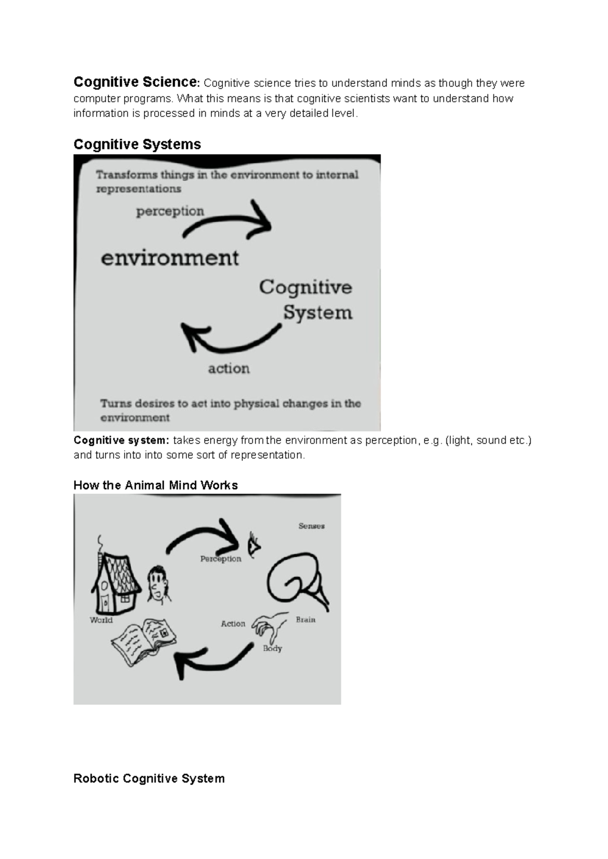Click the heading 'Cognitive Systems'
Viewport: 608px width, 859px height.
pos(137,144)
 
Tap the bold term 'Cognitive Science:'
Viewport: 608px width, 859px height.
pos(137,82)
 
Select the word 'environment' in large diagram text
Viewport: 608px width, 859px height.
pos(170,258)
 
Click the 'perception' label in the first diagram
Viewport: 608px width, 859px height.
pos(170,211)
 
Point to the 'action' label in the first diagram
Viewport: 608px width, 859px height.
pos(229,368)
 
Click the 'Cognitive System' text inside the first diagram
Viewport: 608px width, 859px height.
pos(306,299)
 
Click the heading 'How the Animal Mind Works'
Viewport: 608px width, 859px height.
pos(156,485)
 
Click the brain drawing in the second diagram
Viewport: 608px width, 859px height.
pos(296,580)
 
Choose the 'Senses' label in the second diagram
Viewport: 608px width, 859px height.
pos(311,526)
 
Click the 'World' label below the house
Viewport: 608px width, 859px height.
pos(101,620)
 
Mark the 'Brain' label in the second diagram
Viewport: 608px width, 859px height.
pos(306,619)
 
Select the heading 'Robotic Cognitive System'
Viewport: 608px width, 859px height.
pos(149,778)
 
